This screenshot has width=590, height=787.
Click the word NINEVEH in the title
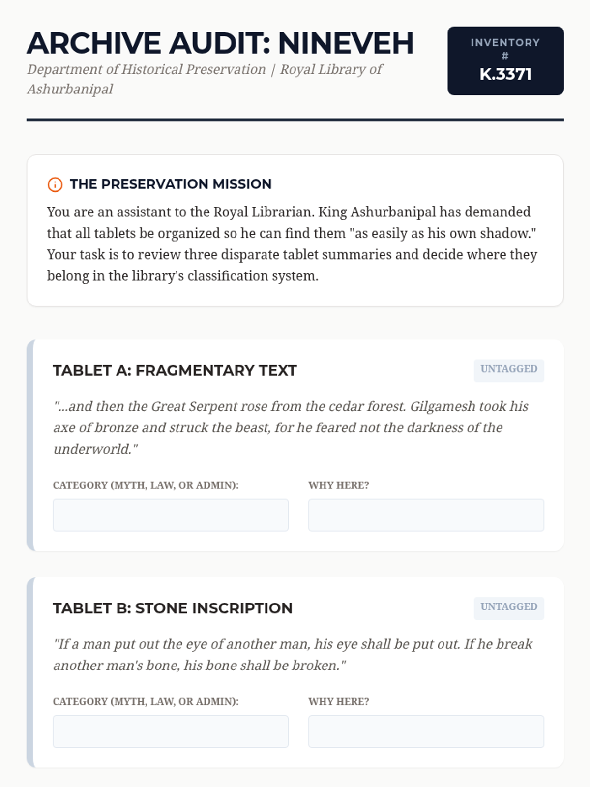coord(346,43)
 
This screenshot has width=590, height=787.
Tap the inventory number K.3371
coord(505,74)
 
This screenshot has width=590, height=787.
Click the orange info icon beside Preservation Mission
coord(55,184)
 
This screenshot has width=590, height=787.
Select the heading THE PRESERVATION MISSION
coord(171,184)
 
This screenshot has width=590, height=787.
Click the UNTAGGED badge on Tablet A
coord(509,369)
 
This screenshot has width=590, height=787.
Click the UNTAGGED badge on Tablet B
coord(509,607)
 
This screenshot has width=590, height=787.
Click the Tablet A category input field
coord(171,515)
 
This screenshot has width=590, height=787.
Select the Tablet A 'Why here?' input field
coord(426,515)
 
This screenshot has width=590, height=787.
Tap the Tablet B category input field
coord(171,731)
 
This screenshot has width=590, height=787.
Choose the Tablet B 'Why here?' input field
coord(426,731)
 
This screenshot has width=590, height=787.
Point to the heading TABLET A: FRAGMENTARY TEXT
coord(175,370)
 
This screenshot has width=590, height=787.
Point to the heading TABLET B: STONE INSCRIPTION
coord(173,608)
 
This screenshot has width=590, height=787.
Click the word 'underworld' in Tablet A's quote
coord(92,449)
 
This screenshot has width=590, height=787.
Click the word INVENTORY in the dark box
coord(505,43)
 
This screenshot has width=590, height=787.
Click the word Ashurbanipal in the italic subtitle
coord(70,89)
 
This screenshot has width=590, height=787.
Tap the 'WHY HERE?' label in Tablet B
coord(339,702)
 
